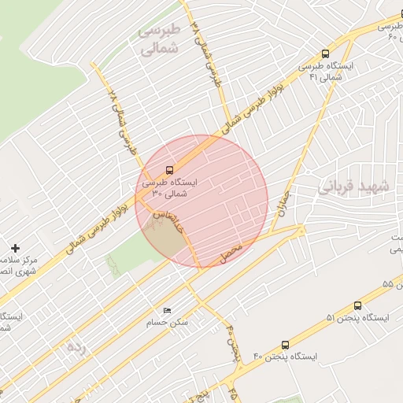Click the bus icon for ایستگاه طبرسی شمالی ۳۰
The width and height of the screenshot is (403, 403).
170,170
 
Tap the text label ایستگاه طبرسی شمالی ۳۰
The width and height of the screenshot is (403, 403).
170,187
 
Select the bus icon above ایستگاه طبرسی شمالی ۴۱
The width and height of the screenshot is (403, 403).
325,54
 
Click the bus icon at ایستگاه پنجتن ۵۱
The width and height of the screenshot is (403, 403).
358,305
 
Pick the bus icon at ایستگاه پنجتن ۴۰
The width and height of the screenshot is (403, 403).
284,345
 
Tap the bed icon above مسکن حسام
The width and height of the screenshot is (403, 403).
165,311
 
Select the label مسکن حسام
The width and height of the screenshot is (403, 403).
167,323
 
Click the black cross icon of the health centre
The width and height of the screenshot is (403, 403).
15,248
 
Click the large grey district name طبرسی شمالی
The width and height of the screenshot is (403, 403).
160,39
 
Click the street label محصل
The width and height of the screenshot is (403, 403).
238,253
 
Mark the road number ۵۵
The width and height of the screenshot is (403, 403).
387,283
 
